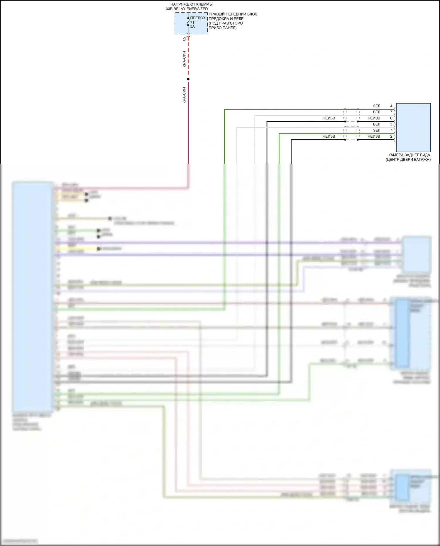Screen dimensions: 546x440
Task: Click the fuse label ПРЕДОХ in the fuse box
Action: [x=198, y=18]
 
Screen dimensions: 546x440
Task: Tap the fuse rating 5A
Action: [x=192, y=27]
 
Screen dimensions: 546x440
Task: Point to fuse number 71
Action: [x=192, y=23]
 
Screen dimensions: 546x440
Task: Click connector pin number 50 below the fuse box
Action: [x=185, y=39]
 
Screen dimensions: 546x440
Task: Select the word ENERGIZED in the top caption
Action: [x=197, y=9]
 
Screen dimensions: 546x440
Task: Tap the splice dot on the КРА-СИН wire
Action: [x=188, y=79]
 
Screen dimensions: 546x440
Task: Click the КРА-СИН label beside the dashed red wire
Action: [x=184, y=59]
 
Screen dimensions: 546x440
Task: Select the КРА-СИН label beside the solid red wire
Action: [x=184, y=95]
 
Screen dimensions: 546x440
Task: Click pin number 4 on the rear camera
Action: [x=391, y=106]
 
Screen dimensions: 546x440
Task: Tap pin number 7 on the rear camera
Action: [x=391, y=112]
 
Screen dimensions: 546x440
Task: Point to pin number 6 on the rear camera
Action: [x=391, y=118]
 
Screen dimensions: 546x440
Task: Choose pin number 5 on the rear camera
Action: [x=391, y=124]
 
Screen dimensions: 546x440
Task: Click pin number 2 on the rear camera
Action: [x=391, y=136]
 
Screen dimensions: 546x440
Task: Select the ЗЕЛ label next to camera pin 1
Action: [x=377, y=130]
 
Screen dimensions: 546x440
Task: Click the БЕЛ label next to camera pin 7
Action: [x=377, y=112]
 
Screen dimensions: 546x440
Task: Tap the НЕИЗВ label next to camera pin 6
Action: [x=374, y=118]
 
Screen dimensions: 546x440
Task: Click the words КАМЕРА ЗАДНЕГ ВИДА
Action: [x=409, y=155]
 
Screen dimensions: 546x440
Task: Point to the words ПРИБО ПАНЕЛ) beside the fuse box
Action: [x=222, y=28]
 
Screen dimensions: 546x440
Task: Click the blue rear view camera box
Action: [x=413, y=127]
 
